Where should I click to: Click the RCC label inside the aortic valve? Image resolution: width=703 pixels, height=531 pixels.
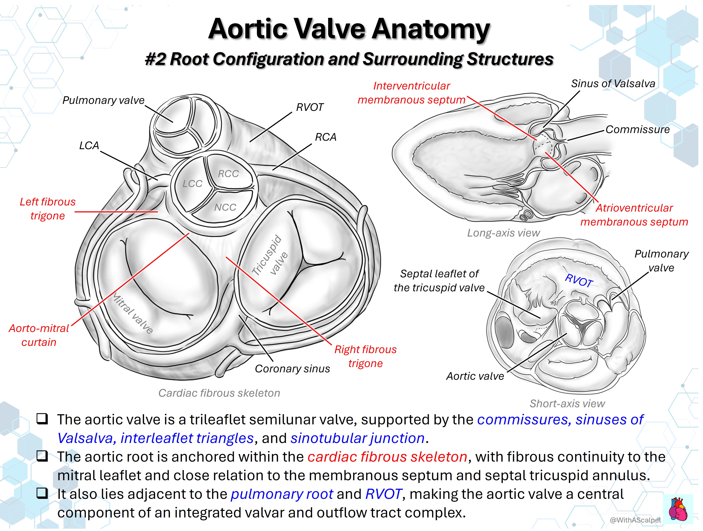tap(228, 173)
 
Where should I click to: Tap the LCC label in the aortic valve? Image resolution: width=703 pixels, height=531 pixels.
tap(192, 183)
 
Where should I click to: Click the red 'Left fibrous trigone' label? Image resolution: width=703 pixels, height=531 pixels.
tap(48, 209)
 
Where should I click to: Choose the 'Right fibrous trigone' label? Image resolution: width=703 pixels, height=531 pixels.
tap(365, 356)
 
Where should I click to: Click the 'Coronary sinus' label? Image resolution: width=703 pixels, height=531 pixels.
tap(292, 369)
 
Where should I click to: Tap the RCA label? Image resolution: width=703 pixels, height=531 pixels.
tap(325, 137)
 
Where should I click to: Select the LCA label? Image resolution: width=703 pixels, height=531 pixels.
tap(89, 146)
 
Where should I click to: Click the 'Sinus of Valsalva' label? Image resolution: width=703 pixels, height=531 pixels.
tap(613, 84)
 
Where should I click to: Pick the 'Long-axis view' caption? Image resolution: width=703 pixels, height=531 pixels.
tap(503, 233)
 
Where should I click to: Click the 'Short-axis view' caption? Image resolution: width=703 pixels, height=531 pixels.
tap(567, 404)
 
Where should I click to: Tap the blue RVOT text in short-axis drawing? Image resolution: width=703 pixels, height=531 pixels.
tap(579, 281)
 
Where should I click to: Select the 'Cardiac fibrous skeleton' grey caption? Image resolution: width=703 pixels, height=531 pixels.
tap(219, 393)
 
